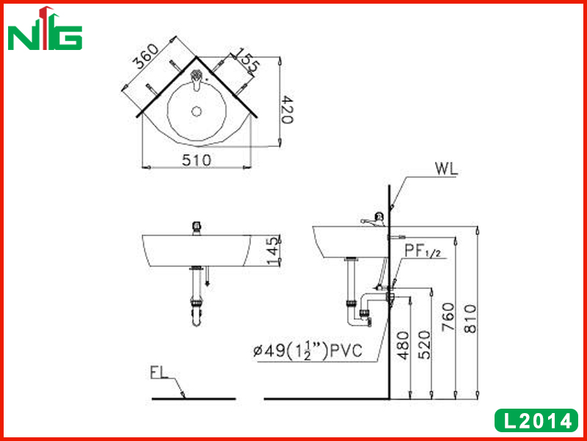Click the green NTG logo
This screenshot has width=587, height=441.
point(45,29)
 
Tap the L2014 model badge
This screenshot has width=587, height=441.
point(536,420)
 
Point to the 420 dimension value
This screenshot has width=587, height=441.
point(288,110)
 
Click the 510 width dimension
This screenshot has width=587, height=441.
point(197,160)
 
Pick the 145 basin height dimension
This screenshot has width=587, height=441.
point(274,250)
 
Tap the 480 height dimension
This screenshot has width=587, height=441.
point(403,345)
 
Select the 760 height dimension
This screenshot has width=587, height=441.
point(448,317)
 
